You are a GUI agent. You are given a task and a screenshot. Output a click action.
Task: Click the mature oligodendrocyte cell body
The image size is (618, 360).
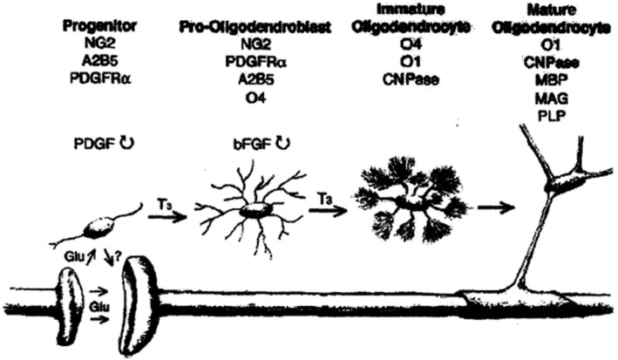(x=566, y=180)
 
